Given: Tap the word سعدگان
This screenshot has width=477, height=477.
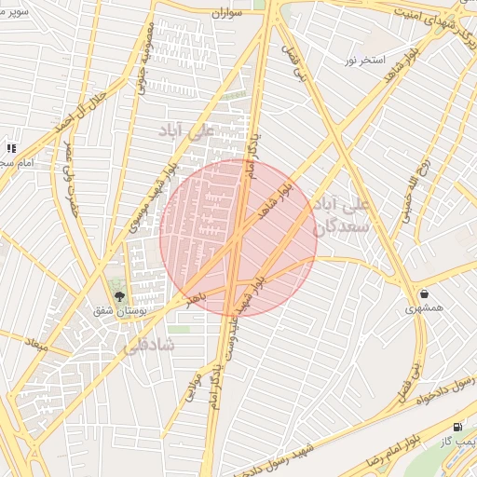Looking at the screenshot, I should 344,225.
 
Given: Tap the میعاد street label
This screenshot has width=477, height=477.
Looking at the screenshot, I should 37,343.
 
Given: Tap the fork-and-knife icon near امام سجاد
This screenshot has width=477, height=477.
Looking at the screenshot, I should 12,148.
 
